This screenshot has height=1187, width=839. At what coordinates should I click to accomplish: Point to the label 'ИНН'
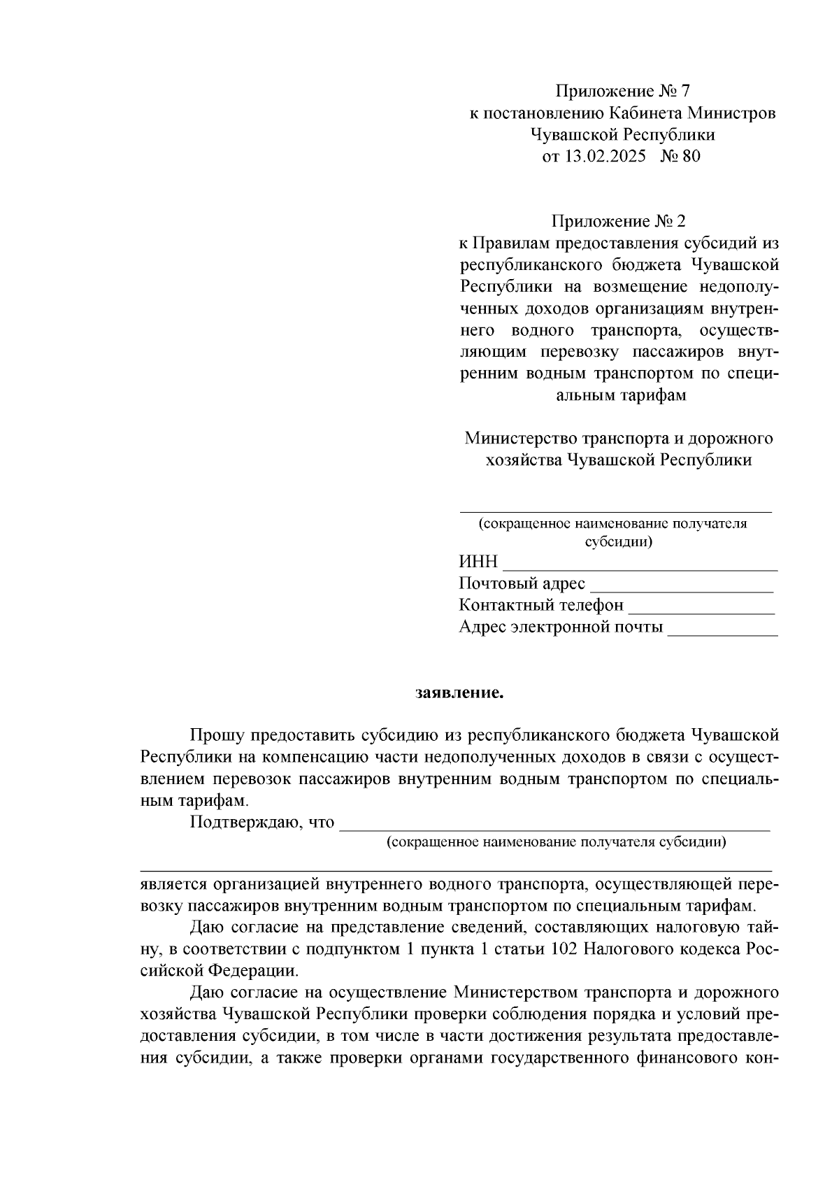[x=478, y=562]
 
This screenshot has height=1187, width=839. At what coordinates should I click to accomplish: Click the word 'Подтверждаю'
[x=243, y=821]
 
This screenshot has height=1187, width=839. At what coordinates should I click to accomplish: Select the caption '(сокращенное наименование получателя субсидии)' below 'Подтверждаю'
[x=556, y=841]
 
